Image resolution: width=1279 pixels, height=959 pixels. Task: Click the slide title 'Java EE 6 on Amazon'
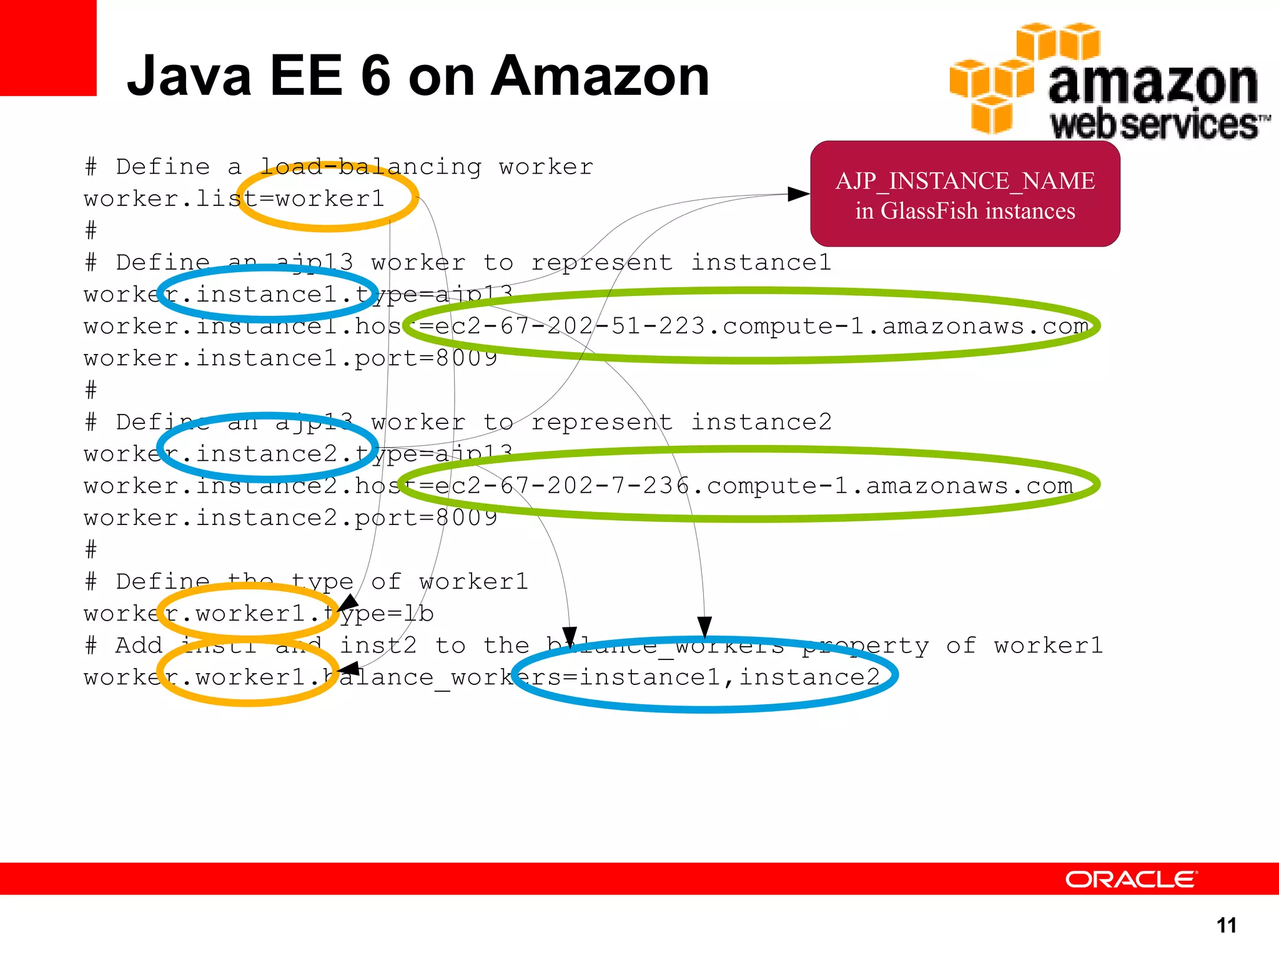[x=418, y=76]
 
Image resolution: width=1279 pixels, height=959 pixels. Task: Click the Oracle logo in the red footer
[x=1131, y=879]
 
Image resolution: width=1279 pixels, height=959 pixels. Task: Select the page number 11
[x=1227, y=925]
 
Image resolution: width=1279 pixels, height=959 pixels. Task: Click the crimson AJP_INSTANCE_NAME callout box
[x=965, y=195]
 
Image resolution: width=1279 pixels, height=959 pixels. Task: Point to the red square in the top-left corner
[x=47, y=47]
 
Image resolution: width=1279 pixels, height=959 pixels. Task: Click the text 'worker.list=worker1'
[x=234, y=199]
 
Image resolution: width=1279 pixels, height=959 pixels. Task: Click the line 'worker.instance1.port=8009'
[x=290, y=358]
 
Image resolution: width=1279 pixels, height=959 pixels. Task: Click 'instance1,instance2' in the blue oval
[x=729, y=677]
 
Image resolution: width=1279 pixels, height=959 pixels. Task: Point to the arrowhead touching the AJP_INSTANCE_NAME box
[x=798, y=194]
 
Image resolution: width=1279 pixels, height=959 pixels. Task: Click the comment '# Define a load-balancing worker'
[x=339, y=167]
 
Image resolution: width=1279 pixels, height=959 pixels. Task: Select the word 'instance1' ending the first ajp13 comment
[x=761, y=263]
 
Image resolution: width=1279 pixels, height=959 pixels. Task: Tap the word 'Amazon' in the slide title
[x=600, y=76]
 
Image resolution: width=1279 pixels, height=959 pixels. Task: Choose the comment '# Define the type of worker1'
[x=307, y=582]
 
